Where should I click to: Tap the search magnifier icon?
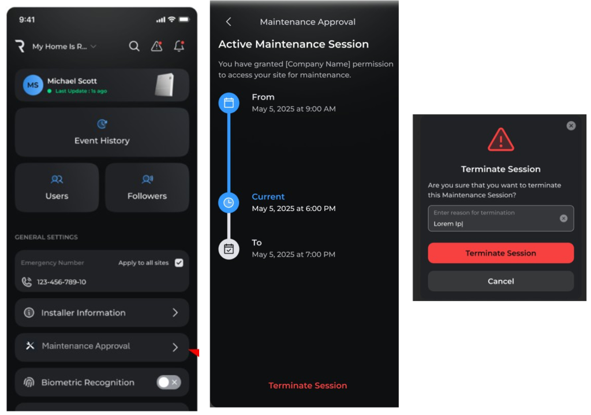134,46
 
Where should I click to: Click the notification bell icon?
179,46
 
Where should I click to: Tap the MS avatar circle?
33,85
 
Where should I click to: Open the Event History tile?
102,132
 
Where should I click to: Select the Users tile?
57,187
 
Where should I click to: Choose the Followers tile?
147,187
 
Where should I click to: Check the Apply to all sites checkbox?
179,263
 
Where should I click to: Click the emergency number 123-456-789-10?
61,282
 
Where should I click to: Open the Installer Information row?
102,313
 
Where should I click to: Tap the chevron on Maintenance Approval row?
175,347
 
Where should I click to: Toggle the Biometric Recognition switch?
169,382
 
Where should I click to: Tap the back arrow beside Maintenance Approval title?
229,22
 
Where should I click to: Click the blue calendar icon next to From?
229,103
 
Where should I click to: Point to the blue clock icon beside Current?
229,203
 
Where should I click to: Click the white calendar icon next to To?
229,249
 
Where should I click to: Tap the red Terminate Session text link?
308,386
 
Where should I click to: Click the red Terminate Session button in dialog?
500,253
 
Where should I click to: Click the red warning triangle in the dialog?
500,140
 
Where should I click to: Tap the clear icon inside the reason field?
563,218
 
